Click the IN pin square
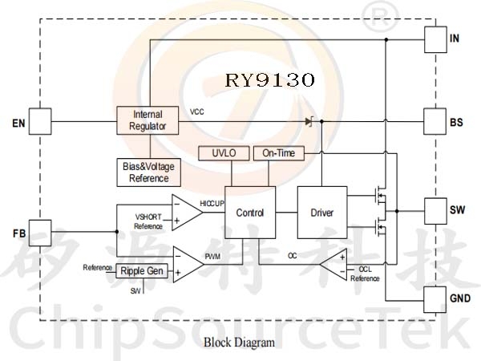pos(435,39)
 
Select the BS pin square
pos(435,123)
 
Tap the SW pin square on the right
pos(435,211)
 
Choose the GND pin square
pos(435,297)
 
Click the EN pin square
pos(40,122)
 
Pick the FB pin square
pos(40,233)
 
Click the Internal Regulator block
pos(148,121)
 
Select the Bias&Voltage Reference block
pos(149,172)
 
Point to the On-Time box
pos(279,153)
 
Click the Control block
pos(249,213)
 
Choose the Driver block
pos(321,213)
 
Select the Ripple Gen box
pos(143,271)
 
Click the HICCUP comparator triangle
pos(185,212)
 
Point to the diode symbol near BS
pos(309,122)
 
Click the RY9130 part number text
pos(269,80)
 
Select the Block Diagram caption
pos(239,343)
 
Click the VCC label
pos(197,112)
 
